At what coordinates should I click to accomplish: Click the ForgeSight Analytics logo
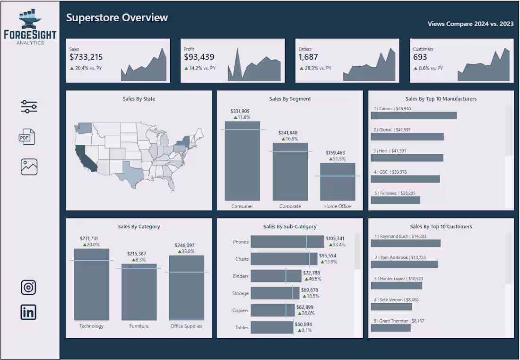pyautogui.click(x=30, y=27)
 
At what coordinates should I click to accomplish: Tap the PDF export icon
pyautogui.click(x=27, y=137)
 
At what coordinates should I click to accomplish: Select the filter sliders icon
pyautogui.click(x=29, y=107)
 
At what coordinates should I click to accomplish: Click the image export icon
pyautogui.click(x=29, y=167)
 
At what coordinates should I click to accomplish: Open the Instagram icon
pyautogui.click(x=28, y=287)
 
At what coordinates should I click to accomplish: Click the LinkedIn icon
pyautogui.click(x=28, y=312)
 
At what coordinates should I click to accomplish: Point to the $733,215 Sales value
pyautogui.click(x=86, y=57)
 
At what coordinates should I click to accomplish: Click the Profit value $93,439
pyautogui.click(x=199, y=57)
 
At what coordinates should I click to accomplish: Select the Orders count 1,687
pyautogui.click(x=308, y=57)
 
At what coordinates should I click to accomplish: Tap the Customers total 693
pyautogui.click(x=420, y=57)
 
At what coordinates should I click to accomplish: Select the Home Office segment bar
pyautogui.click(x=338, y=182)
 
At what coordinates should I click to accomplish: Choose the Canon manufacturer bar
pyautogui.click(x=414, y=115)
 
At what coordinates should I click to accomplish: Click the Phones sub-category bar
pyautogui.click(x=287, y=242)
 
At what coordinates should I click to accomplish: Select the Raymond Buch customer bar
pyautogui.click(x=406, y=243)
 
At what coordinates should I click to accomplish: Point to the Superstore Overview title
pyautogui.click(x=117, y=18)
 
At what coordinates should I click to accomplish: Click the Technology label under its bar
pyautogui.click(x=91, y=326)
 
